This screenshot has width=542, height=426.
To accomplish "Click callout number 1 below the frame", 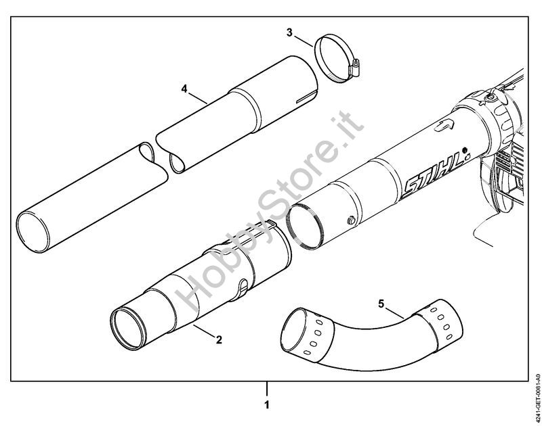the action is click(x=267, y=405).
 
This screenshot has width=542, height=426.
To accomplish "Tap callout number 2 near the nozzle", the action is click(x=218, y=340).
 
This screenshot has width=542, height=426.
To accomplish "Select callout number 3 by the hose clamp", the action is click(x=289, y=32).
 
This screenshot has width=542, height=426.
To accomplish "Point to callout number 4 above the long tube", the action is click(x=184, y=89).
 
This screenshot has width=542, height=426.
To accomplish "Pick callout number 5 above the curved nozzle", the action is click(x=381, y=304).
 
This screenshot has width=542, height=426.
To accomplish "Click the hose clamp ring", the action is click(x=332, y=59).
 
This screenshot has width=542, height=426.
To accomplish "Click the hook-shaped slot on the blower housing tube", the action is click(x=445, y=124).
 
